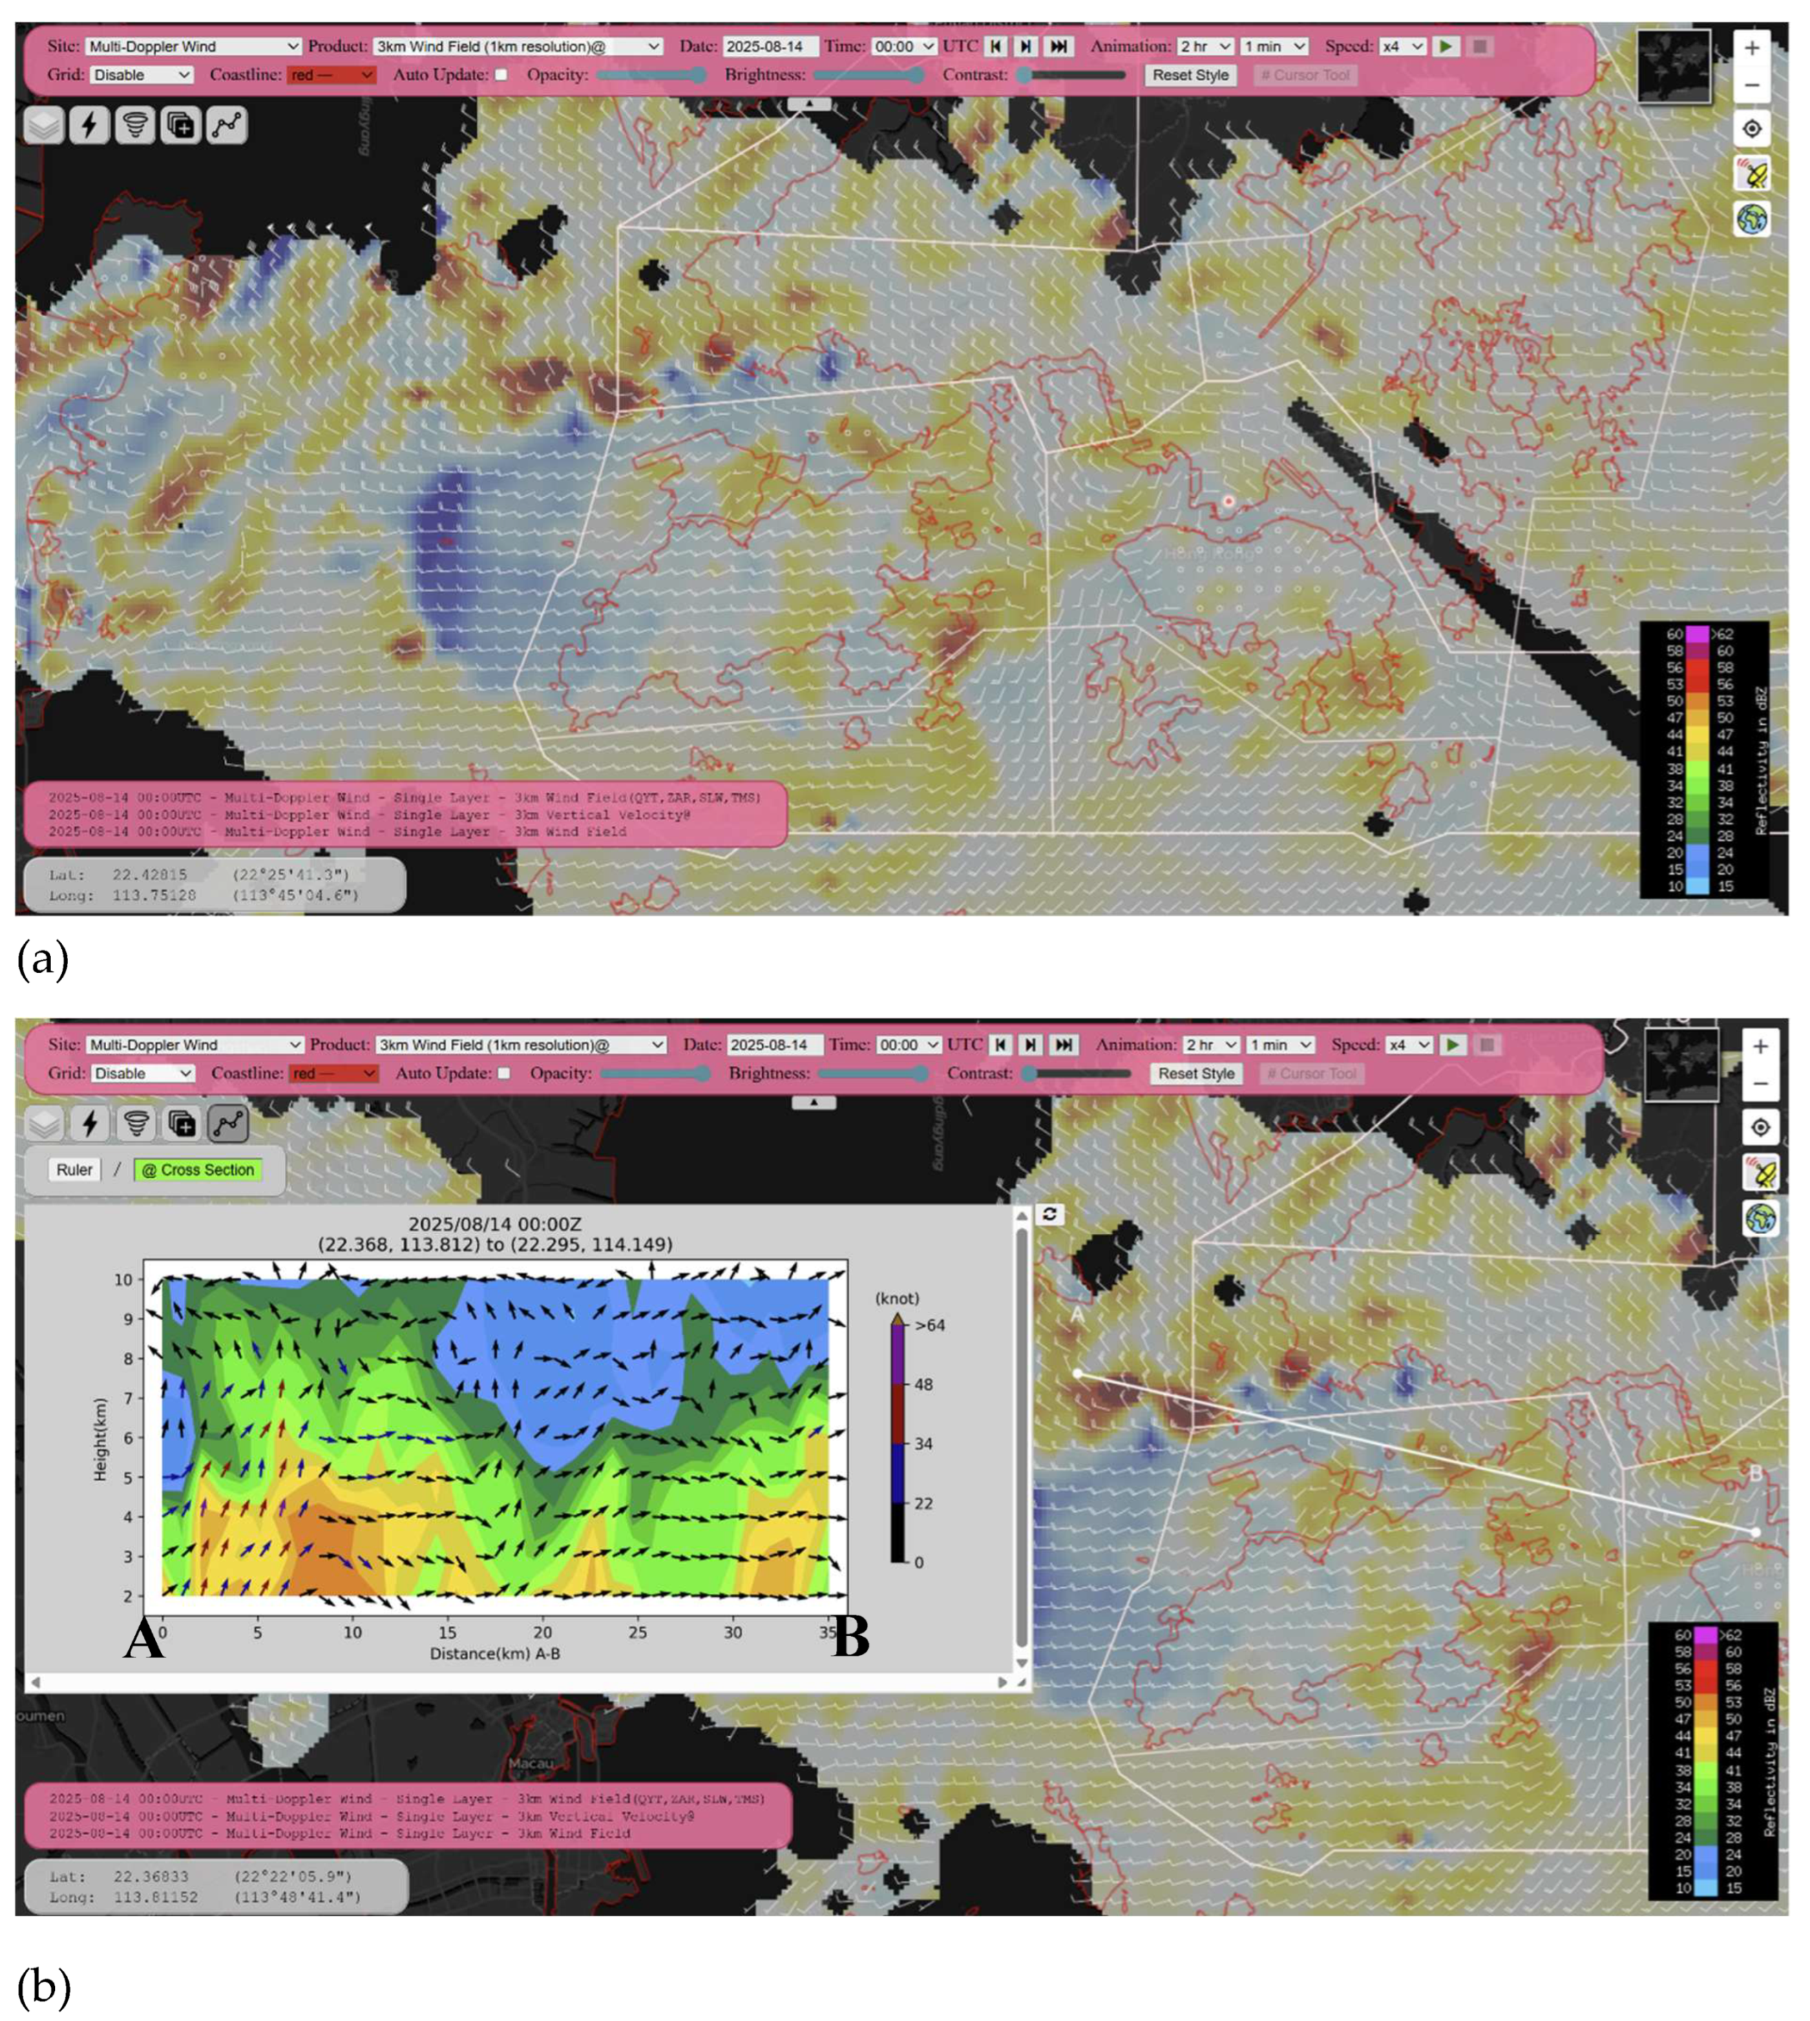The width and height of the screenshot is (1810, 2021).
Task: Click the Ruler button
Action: (74, 1170)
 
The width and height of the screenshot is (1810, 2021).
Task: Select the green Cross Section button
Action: (197, 1170)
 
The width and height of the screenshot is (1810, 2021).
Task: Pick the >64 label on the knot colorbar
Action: (930, 1325)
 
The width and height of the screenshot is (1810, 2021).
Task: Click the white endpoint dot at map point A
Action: (1078, 1374)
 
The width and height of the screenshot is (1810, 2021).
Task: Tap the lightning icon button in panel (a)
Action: (90, 125)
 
